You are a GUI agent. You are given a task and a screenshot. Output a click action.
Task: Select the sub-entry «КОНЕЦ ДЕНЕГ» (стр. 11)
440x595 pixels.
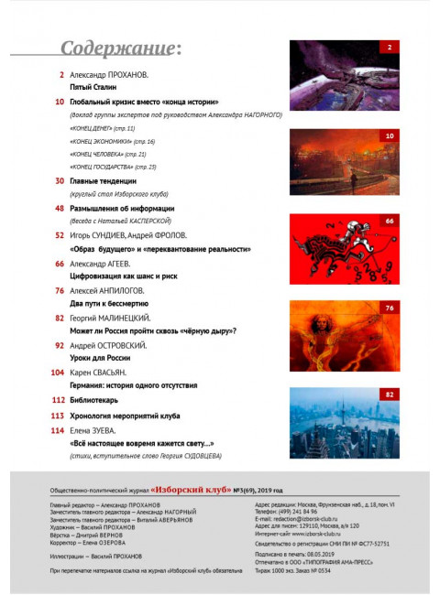point(103,130)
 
